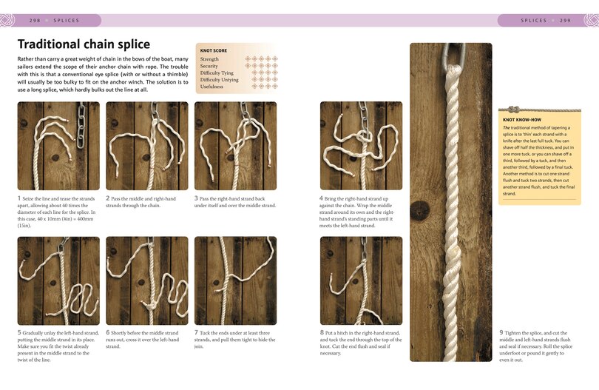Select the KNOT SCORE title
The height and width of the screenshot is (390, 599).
tap(213, 51)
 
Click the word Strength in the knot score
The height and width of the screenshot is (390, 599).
tap(209, 59)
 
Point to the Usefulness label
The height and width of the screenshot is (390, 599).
tap(211, 87)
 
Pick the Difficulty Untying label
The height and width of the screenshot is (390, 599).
tap(219, 79)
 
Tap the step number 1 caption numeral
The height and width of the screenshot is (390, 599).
tap(19, 198)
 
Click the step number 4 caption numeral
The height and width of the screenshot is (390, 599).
tap(322, 198)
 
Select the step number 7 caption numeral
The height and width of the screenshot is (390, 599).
tap(197, 332)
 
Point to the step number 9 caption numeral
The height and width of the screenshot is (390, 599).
tap(501, 332)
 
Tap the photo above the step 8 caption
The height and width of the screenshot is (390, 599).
tap(361, 280)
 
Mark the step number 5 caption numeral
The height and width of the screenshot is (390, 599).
tap(19, 332)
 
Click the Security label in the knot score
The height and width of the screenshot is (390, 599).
tap(209, 66)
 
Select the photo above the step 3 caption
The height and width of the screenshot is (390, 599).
tap(235, 146)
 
